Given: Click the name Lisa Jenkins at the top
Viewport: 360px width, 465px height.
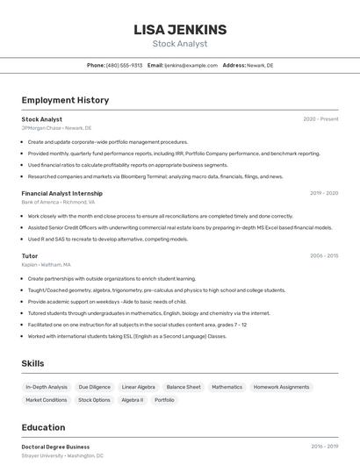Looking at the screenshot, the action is coord(179,30).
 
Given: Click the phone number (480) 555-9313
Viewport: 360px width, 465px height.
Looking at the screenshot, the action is coord(124,65).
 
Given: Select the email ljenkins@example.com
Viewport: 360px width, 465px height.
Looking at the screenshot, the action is coord(191,65).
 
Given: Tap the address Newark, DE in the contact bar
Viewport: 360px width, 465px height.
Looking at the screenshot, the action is coord(260,65).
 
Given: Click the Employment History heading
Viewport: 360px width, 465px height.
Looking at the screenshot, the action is coord(65,100).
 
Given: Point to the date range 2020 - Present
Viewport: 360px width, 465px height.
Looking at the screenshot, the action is coord(320,119).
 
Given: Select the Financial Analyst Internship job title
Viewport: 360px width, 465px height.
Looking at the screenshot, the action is coord(61,193).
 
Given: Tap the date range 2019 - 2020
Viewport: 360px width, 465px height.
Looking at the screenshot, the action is coord(324,193).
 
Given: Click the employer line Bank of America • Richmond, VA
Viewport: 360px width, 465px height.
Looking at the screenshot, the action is coord(59,202).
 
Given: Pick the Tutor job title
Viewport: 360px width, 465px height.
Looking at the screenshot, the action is coord(31,256).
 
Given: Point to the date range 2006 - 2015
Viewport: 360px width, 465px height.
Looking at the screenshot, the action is coord(324,256).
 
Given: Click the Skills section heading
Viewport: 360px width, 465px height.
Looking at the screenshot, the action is coord(32,363).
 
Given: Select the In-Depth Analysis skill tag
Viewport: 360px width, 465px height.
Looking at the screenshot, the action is coord(47,387).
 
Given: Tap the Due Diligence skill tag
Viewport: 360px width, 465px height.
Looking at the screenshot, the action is coord(95,387).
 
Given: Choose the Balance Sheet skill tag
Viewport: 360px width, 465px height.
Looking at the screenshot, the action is coord(184,387).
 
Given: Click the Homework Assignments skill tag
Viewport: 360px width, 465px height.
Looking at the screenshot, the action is coord(282,387).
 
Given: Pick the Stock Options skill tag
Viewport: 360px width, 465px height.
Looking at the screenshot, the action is coord(95,400).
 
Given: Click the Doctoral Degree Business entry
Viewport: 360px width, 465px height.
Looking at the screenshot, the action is coord(55,447).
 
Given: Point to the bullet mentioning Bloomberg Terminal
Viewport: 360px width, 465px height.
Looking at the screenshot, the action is coord(155,176).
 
